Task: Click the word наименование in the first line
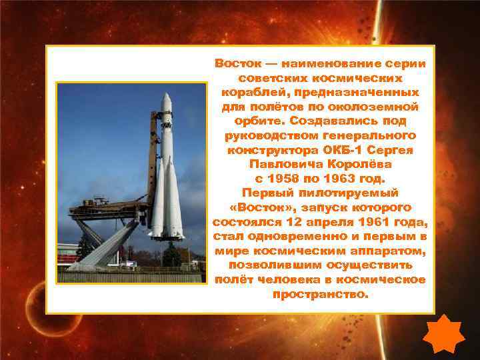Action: (328, 64)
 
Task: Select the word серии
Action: (405, 64)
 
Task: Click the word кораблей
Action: (257, 93)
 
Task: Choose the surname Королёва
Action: (357, 164)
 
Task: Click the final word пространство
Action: (320, 294)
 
